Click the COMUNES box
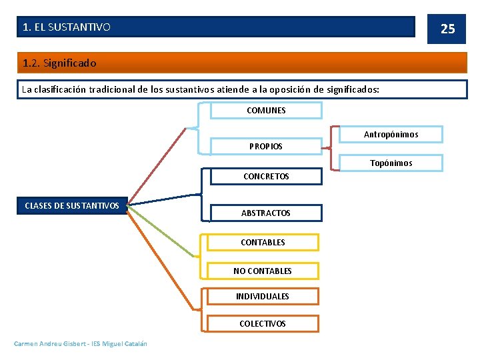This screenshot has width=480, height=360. (266, 110)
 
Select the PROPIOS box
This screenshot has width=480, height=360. (266, 146)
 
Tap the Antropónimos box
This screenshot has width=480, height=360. (391, 135)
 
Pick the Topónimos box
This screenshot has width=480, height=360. (391, 163)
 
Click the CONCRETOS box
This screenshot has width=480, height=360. (266, 177)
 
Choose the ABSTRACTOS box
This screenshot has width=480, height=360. (266, 213)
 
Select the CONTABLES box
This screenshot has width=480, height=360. (263, 242)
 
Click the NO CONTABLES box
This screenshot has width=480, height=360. (263, 271)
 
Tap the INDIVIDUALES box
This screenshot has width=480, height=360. (263, 296)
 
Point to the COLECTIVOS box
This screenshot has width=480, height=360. (263, 323)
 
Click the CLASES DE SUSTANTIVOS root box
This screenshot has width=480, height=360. (72, 205)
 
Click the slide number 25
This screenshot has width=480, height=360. (448, 29)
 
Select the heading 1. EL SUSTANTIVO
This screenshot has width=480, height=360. (67, 27)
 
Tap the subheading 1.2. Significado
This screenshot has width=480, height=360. (59, 63)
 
